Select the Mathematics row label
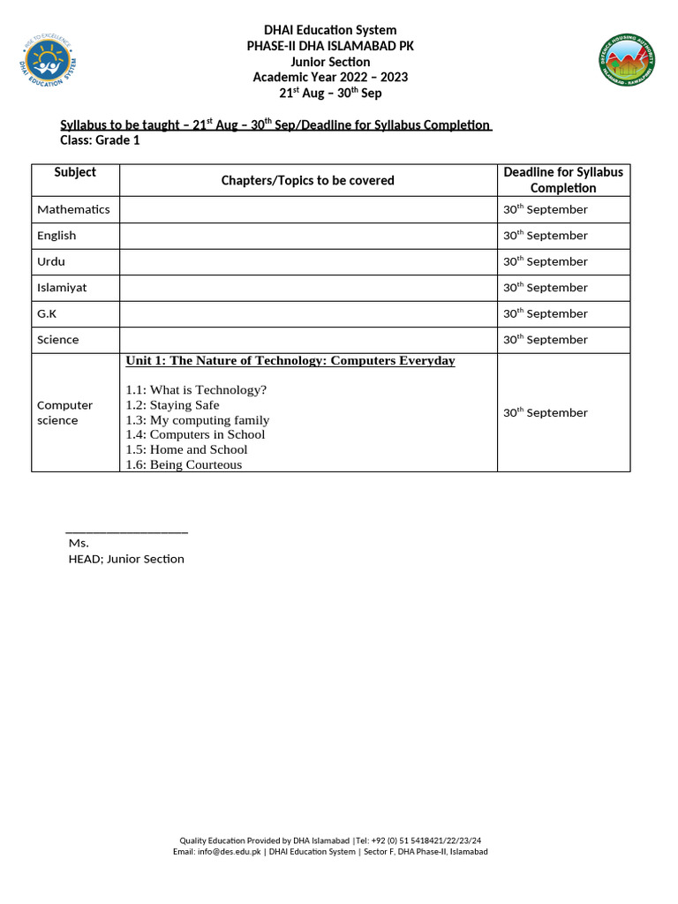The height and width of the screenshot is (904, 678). tap(73, 209)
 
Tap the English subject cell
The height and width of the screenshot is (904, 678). tap(56, 236)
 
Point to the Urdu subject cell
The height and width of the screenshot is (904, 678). tap(51, 261)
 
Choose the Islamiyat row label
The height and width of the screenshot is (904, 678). tap(62, 288)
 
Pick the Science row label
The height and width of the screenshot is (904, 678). tap(57, 340)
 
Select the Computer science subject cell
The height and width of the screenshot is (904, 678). tap(64, 413)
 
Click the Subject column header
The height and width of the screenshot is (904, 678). tap(75, 172)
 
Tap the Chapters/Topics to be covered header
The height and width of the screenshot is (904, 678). tap(307, 180)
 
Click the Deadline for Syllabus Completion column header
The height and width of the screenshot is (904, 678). tap(563, 180)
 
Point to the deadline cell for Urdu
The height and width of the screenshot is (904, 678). tap(546, 261)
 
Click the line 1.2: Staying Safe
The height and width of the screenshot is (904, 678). tap(172, 405)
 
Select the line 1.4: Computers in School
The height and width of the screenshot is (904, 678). tap(195, 434)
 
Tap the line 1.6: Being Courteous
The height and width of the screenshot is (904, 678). tap(184, 464)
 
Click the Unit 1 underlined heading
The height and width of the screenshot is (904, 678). tap(290, 360)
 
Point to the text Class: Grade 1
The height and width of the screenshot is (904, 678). tap(100, 140)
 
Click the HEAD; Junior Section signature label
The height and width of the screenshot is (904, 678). tap(126, 559)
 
